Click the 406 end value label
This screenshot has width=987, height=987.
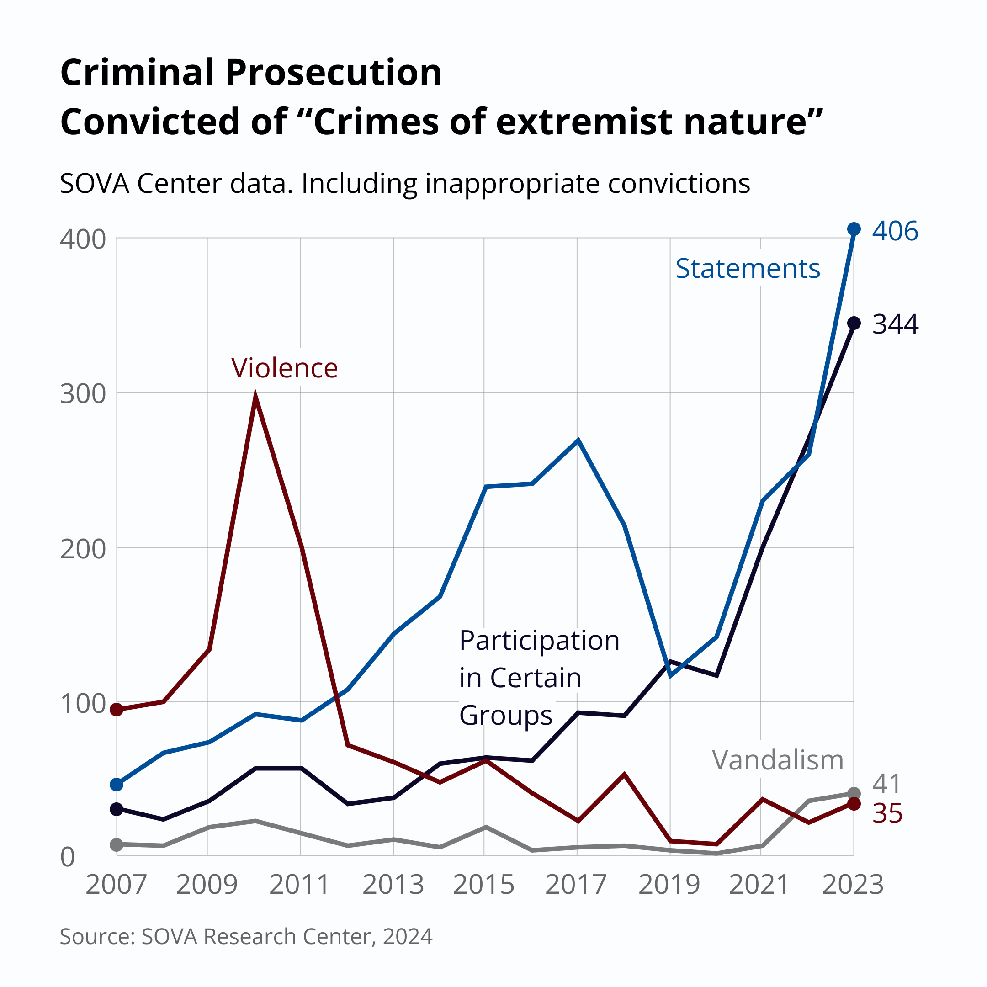pos(895,231)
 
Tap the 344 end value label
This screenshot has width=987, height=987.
pos(895,324)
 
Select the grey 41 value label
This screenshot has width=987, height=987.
pos(886,784)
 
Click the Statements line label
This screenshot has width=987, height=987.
pos(748,269)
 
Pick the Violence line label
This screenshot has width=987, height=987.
pos(285,368)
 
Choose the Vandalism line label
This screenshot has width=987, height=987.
pos(778,760)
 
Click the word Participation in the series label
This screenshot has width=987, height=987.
pos(539,641)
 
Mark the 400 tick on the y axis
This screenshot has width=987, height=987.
pos(83,239)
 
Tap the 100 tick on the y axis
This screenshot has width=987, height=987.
pos(83,704)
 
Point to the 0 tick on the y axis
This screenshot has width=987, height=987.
pos(68,858)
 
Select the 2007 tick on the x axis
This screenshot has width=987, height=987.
pos(116,885)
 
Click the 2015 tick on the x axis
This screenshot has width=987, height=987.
pos(483,885)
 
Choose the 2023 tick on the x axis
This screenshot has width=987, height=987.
pos(853,885)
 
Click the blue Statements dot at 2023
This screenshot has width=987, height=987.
pos(854,229)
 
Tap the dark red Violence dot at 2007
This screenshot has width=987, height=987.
pos(117,710)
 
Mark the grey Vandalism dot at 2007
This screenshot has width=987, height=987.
pos(117,844)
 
